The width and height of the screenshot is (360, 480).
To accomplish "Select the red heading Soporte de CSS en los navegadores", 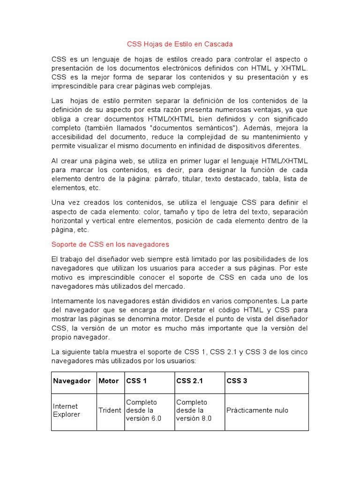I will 110,244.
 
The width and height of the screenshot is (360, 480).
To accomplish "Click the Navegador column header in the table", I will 72,381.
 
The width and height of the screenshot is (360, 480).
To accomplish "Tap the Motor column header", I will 109,381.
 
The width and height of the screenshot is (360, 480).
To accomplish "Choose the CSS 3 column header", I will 237,381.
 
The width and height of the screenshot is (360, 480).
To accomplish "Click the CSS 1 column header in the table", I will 136,381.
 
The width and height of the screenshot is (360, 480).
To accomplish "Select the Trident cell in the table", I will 110,411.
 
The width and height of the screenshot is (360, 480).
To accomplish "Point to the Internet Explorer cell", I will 67,411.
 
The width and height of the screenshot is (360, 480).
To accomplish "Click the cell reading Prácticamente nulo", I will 257,411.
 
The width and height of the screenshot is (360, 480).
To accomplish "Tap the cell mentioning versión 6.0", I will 143,411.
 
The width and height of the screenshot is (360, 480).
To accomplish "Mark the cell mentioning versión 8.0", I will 194,411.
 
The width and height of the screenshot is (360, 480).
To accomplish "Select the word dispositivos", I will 242,146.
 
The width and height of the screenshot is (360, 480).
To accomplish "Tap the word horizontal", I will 67,221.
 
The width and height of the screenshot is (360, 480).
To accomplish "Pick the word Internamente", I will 74,300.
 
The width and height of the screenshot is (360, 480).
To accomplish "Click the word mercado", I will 171,286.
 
